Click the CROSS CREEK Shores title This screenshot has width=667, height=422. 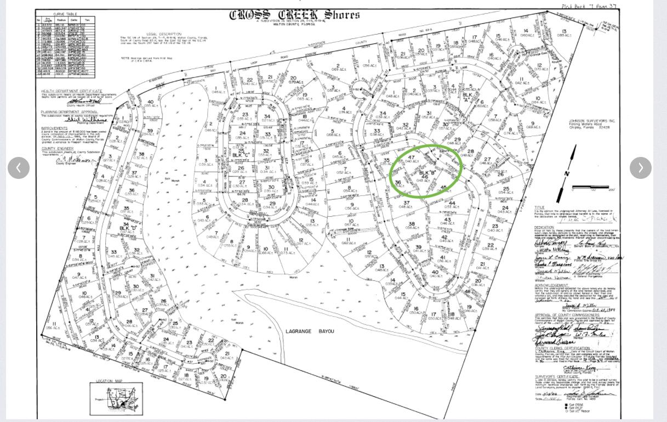tap(294, 15)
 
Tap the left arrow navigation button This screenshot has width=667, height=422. tap(19, 168)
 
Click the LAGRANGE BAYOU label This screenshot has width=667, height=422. tap(310, 331)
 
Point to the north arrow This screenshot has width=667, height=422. tap(567, 173)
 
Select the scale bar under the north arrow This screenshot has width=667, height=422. tap(591, 188)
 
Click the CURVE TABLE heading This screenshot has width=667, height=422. tap(65, 14)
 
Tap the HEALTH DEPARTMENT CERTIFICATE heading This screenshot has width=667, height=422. tap(71, 91)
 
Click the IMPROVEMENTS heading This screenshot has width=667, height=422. tap(54, 128)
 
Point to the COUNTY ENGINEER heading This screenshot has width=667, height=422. tap(57, 149)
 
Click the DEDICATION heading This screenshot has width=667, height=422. tap(544, 227)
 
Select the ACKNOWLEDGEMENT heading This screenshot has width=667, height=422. tap(552, 285)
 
